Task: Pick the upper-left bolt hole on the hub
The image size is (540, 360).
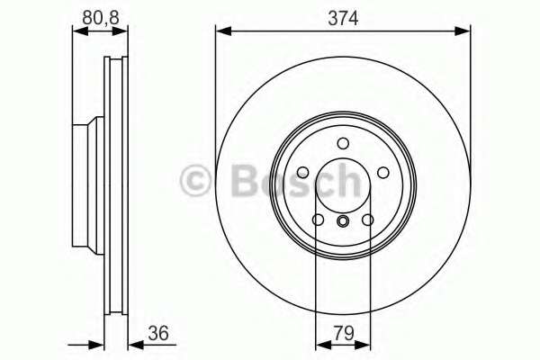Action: point(302,173)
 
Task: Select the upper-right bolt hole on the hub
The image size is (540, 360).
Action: point(382,173)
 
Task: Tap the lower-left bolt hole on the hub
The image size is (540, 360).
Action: point(318,220)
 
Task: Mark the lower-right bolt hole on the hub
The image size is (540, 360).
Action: point(367,220)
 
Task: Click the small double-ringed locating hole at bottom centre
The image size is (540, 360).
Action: point(342,221)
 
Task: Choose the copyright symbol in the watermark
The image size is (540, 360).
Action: point(197,180)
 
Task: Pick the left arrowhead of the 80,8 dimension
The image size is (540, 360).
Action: point(77,31)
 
